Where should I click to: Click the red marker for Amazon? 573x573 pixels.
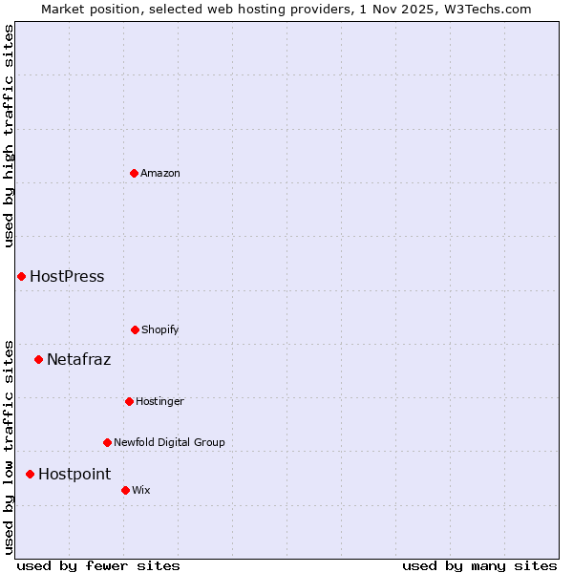click(x=134, y=173)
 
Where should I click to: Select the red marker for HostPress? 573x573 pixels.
click(x=21, y=276)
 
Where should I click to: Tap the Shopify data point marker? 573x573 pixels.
click(x=135, y=329)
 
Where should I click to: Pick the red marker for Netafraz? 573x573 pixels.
click(x=38, y=359)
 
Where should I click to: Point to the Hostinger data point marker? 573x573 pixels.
click(x=129, y=401)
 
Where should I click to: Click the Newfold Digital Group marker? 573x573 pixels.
click(x=107, y=442)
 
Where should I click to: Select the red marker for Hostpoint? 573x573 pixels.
click(x=30, y=474)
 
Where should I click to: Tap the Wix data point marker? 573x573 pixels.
click(x=125, y=490)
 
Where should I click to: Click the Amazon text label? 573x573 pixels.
click(x=160, y=173)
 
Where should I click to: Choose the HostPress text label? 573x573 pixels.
click(x=67, y=277)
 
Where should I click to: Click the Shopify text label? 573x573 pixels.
click(x=160, y=329)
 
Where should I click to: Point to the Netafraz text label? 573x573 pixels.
click(x=78, y=360)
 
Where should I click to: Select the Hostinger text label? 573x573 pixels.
click(x=159, y=401)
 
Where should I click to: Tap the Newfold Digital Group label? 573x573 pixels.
click(x=169, y=442)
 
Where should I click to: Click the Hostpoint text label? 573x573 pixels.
click(x=74, y=475)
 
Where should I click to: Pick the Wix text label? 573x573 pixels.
click(x=141, y=490)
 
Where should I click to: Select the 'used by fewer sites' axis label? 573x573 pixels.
click(x=98, y=565)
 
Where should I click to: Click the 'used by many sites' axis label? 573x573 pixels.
click(x=479, y=565)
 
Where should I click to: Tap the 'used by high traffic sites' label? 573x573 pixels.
click(x=10, y=136)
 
